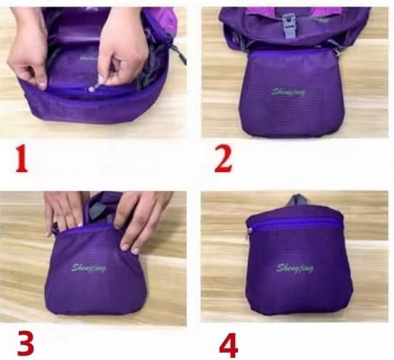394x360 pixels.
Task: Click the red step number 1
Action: pos(22,159)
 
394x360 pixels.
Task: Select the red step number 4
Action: pos(229,345)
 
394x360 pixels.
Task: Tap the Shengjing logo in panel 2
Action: pos(288,92)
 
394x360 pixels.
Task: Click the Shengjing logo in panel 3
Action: pos(89,268)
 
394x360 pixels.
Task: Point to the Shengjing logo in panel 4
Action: pos(295,268)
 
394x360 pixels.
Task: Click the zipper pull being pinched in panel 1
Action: pos(92,89)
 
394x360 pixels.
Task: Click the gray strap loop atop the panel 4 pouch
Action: pos(297,200)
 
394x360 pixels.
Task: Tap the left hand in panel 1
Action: pos(27,48)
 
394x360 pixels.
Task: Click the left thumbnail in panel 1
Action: pos(41,86)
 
